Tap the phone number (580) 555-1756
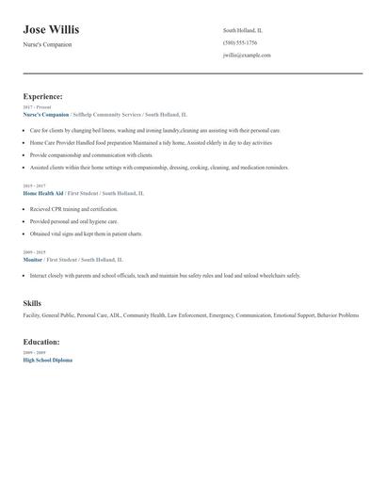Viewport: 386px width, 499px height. (x=240, y=42)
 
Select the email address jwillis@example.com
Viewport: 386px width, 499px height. (x=247, y=56)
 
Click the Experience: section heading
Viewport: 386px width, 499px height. (x=43, y=96)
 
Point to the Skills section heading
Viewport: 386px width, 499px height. (x=32, y=303)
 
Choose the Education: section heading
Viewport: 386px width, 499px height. (x=41, y=342)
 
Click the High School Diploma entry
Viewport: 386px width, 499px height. (x=47, y=360)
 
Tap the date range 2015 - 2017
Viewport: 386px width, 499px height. (x=33, y=186)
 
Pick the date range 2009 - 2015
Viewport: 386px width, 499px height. (x=33, y=252)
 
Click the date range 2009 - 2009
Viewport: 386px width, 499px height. (x=33, y=353)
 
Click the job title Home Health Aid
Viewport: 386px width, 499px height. (x=42, y=193)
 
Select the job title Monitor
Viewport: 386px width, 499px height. (x=32, y=259)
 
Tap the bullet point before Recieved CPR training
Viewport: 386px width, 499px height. (x=24, y=208)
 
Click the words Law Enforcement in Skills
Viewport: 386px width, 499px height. (x=186, y=315)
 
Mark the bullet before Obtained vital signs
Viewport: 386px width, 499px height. (x=24, y=233)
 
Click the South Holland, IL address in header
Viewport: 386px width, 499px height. (x=242, y=30)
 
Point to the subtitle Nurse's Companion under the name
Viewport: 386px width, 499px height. (x=47, y=44)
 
